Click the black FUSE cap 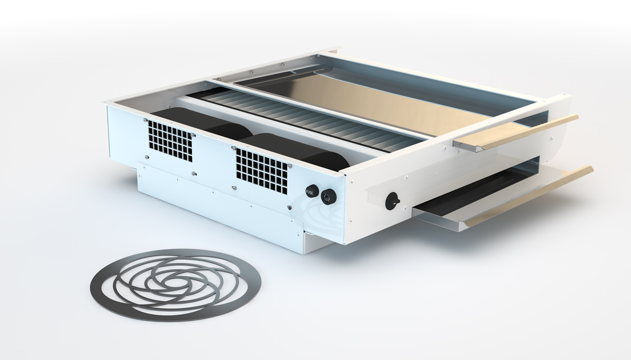coord(310,192)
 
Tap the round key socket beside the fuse coord(328,197)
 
